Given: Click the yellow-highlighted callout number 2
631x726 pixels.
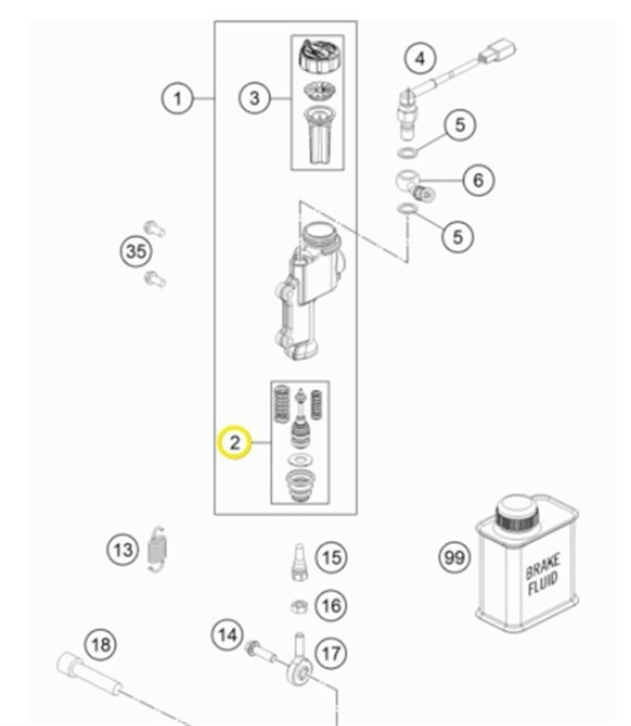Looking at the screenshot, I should coord(234,442).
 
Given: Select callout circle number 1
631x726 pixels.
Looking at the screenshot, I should coord(178,99).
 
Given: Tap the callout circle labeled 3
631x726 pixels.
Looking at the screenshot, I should coord(255,99).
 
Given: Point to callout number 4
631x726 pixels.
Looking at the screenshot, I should coord(420,58).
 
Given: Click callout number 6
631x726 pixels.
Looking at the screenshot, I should coord(478,180).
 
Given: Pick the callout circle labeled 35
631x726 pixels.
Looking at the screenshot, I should coord(136,252).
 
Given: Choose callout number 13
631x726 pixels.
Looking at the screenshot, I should coord(122,550).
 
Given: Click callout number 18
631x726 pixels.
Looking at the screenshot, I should coord(101,645).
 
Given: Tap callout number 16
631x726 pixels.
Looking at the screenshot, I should coord(331,605).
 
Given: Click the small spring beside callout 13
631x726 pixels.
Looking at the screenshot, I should coord(157,549).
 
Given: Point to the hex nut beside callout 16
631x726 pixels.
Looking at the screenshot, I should coord(299,606).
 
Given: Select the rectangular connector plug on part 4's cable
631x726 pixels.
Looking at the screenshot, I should coord(497,53).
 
